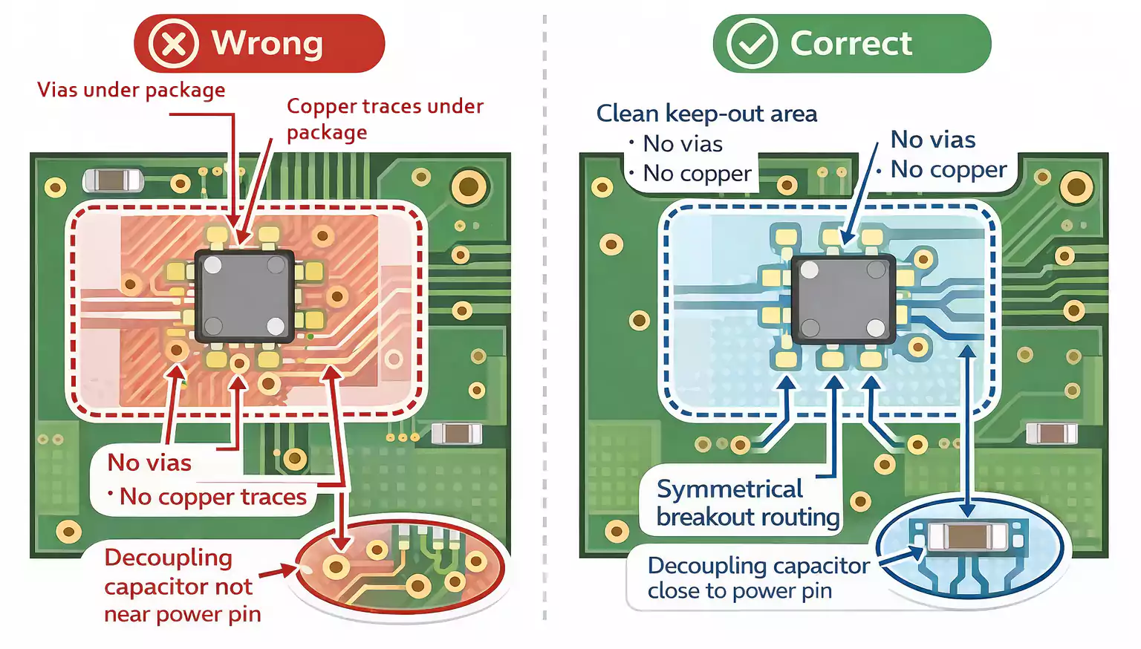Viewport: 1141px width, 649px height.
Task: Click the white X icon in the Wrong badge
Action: tap(173, 44)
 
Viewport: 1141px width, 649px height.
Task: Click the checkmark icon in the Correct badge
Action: tap(752, 44)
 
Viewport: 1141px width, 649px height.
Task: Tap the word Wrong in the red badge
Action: tap(267, 43)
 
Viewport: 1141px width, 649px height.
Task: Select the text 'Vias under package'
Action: tap(131, 90)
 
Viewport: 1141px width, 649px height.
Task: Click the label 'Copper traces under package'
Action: tap(384, 118)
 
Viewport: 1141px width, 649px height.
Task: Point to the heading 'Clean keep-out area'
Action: tap(706, 114)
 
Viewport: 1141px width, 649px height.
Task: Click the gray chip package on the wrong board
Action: tap(244, 296)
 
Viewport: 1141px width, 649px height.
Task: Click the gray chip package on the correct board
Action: tap(843, 299)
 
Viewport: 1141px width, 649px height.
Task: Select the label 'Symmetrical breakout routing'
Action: tap(747, 503)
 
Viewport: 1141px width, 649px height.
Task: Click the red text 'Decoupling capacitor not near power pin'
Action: tap(182, 586)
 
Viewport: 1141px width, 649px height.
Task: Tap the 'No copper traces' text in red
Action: tap(212, 496)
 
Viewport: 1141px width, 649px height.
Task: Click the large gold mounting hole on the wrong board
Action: tap(469, 186)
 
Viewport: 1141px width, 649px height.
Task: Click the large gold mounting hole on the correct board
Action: tap(1076, 187)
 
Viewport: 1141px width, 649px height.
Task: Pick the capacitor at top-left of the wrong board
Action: tap(113, 180)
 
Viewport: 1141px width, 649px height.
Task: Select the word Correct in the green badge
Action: tap(851, 43)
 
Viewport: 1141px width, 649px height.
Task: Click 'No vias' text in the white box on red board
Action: tap(149, 463)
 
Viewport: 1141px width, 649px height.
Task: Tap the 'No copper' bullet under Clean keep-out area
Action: tap(697, 173)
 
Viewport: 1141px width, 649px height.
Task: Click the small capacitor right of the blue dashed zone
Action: tap(1051, 432)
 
